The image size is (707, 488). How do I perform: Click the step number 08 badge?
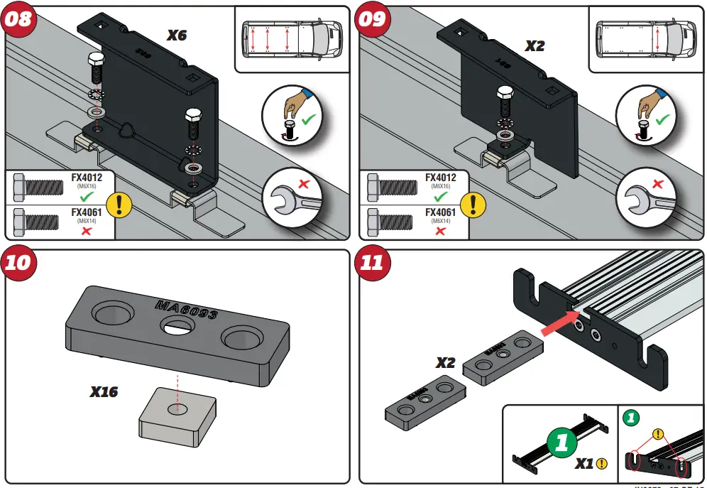(x=19, y=19)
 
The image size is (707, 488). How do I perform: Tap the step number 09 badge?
(x=371, y=19)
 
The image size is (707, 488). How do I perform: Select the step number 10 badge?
(x=19, y=262)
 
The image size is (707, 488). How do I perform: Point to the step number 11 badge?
(x=371, y=262)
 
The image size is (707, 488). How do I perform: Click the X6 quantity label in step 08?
(x=176, y=35)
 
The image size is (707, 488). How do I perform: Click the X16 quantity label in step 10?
(x=104, y=391)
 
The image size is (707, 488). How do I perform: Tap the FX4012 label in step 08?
(x=87, y=178)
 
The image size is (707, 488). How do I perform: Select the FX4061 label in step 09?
(x=441, y=212)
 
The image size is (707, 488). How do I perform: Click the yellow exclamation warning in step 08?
(x=123, y=205)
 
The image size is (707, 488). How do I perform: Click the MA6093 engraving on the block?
(x=186, y=310)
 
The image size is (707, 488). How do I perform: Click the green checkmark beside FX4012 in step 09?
(x=440, y=197)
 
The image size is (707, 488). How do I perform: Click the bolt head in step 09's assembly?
(x=505, y=93)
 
